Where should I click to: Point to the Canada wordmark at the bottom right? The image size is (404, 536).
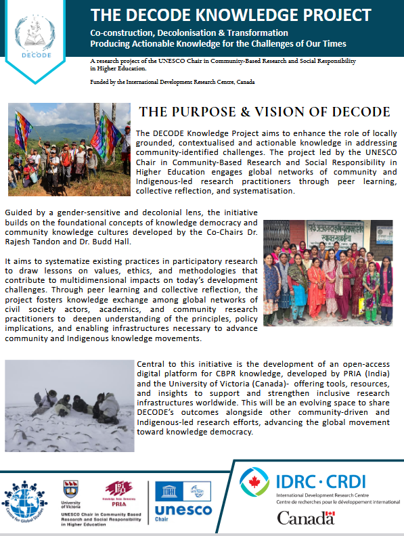[x=306, y=518]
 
